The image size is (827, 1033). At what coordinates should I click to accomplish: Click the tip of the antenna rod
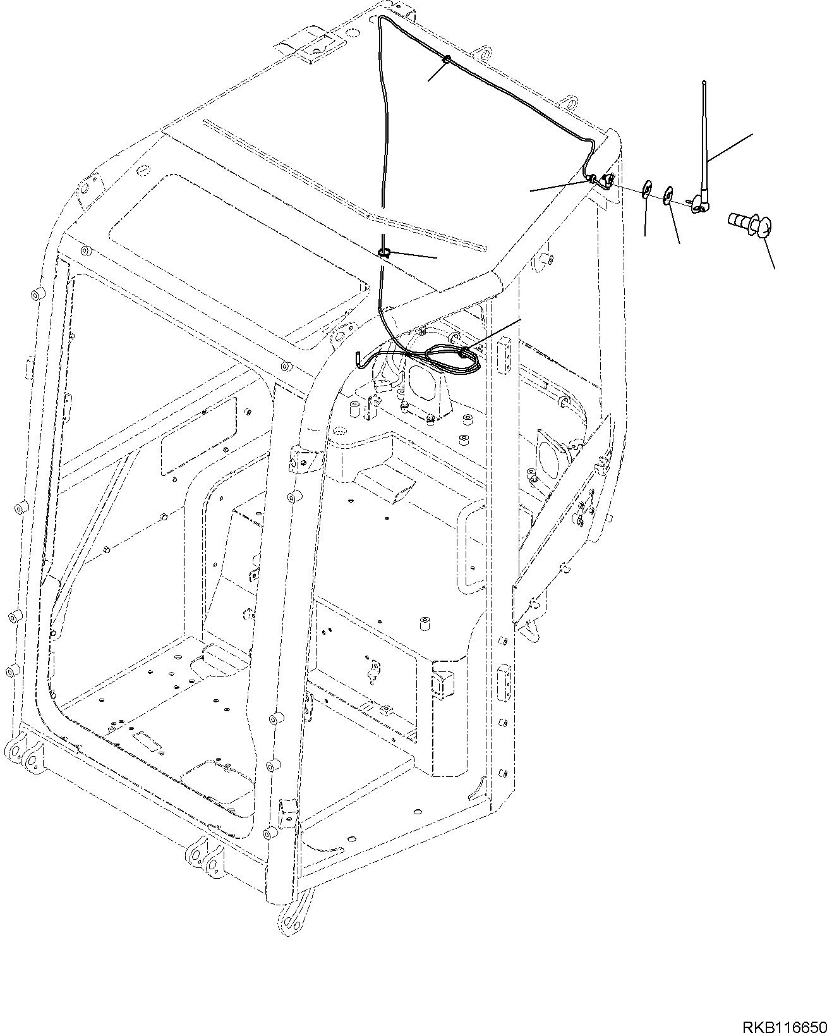[704, 82]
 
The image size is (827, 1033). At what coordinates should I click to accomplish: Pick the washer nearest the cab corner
[646, 189]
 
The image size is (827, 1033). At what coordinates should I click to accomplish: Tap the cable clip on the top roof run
[446, 60]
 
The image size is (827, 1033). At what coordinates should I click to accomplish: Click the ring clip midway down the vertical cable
[384, 253]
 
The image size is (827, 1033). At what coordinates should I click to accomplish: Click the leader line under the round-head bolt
[767, 252]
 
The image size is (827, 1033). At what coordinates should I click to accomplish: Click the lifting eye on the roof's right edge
[570, 102]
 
